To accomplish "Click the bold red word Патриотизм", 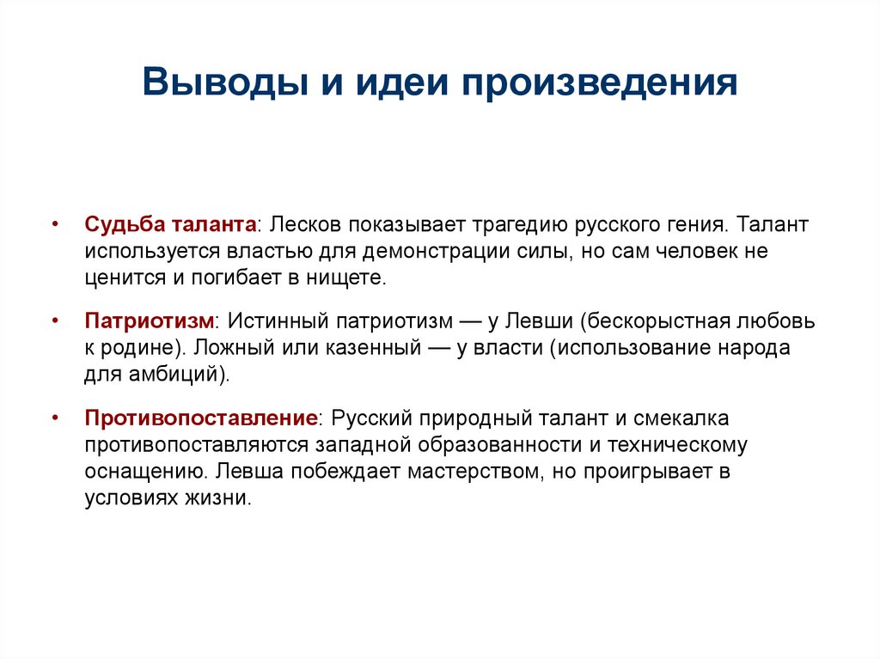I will pos(150,321).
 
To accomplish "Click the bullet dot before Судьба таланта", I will pos(56,224).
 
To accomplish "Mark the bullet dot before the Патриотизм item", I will pos(56,321).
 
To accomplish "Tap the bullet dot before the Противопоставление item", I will pos(56,418).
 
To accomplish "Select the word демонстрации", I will pos(452,252).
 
